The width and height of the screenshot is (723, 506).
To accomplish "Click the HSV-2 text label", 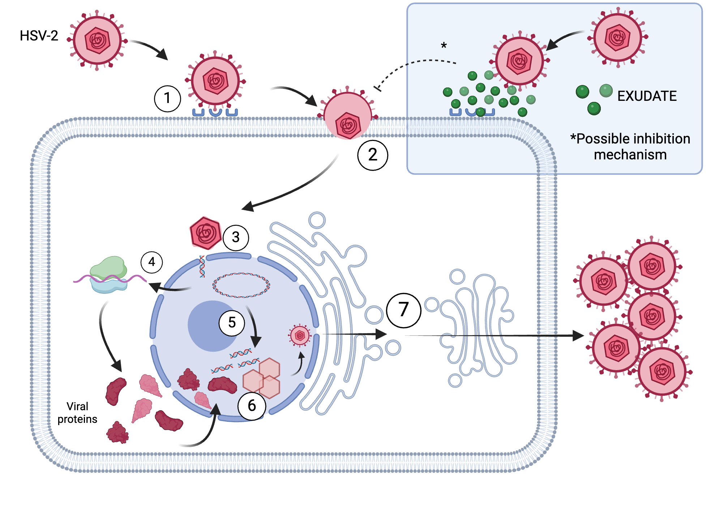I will click(x=39, y=36).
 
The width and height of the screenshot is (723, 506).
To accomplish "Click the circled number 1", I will click(x=167, y=98).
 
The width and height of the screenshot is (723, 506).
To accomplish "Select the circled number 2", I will click(x=373, y=155).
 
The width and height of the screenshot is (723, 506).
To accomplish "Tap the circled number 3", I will click(x=236, y=237).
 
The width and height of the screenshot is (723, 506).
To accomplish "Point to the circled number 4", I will click(x=151, y=262).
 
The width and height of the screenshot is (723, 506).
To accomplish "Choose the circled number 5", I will click(x=232, y=323).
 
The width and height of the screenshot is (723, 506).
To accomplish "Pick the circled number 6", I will click(x=252, y=406).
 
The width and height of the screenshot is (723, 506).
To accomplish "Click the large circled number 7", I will click(x=403, y=310).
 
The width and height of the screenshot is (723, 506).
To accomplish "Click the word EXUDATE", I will click(x=647, y=96).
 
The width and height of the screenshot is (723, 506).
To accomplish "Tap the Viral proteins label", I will click(x=77, y=413).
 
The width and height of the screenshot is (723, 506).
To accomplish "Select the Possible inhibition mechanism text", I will click(x=630, y=146).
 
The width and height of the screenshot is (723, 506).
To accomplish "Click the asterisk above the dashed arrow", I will click(x=444, y=46).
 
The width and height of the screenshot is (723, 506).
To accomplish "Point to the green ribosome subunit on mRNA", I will click(x=108, y=267).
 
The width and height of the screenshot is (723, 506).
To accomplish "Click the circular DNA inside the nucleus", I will click(x=241, y=285).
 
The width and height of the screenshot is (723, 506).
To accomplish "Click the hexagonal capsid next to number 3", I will click(x=205, y=233).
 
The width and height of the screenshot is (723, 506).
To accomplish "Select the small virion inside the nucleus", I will click(x=300, y=336).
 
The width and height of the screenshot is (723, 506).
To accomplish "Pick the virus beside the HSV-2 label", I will click(x=97, y=40).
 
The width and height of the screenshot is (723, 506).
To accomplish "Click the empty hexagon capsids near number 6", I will click(x=262, y=378).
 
